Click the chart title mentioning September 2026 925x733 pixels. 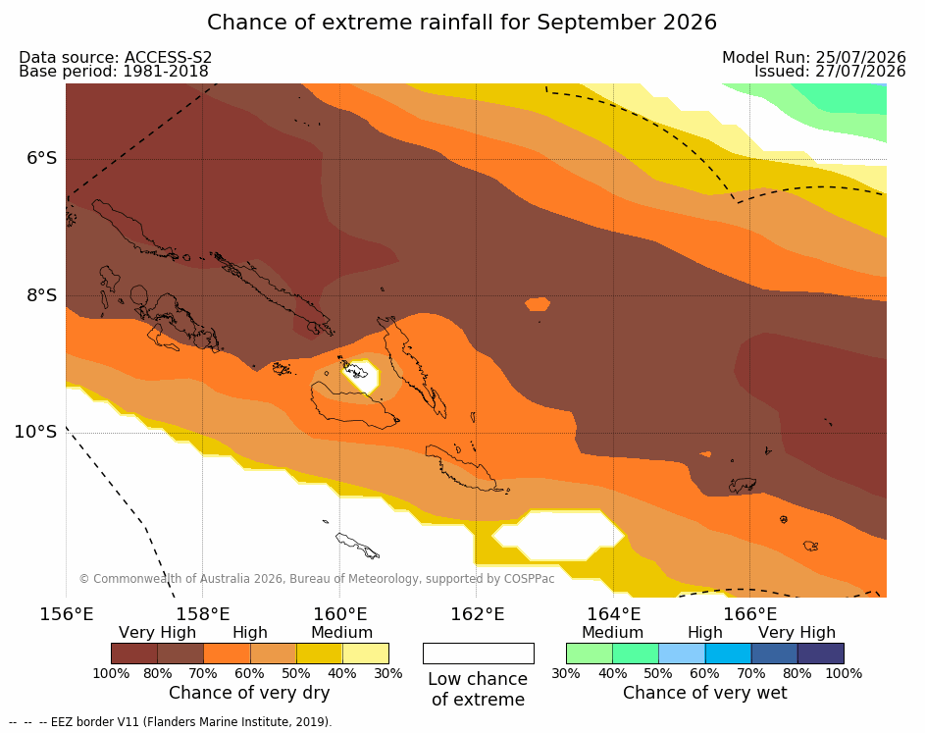[462, 23]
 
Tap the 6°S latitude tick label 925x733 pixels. [41, 158]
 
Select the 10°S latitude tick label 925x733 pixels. [35, 432]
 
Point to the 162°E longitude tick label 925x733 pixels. [477, 614]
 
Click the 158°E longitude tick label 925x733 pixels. [203, 614]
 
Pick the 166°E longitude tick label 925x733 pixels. [749, 614]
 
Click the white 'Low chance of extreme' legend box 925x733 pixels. [479, 654]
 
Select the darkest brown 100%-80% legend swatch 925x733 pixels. [134, 654]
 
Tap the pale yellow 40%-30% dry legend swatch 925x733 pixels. [366, 654]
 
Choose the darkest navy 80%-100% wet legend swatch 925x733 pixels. [821, 654]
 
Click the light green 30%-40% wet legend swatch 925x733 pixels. [590, 654]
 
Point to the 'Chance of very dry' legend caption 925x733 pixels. [249, 693]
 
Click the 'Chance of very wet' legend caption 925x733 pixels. [705, 693]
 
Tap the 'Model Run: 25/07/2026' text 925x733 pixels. [814, 57]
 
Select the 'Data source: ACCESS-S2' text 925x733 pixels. [115, 57]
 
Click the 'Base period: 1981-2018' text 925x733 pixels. [114, 72]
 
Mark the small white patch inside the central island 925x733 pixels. [363, 376]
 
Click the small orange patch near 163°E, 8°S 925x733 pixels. [538, 304]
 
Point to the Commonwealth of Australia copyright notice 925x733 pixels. [317, 578]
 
